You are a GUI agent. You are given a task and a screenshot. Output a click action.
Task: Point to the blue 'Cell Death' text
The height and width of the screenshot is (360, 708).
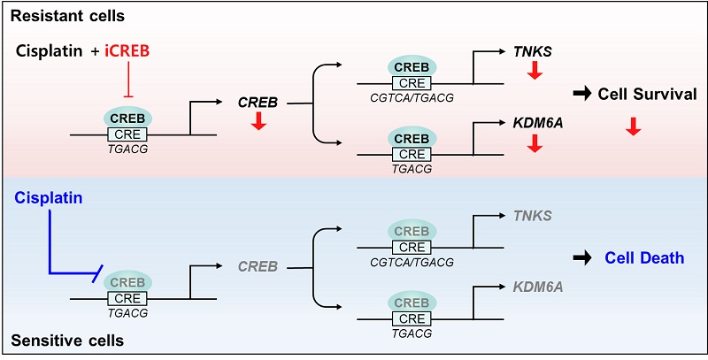[644, 258]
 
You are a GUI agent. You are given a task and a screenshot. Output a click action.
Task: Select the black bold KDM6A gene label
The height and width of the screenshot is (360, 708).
[537, 125]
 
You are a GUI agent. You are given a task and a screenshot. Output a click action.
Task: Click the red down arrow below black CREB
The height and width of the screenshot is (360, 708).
[258, 121]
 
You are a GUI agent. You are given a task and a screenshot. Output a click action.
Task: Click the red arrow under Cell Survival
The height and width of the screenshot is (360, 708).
[632, 128]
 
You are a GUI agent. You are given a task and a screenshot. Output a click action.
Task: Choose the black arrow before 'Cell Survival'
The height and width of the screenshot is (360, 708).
[581, 94]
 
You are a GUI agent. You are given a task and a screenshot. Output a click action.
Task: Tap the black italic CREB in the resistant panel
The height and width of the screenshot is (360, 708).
[258, 103]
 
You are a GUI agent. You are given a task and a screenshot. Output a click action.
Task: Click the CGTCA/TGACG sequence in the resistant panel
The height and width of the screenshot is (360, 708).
[412, 96]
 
